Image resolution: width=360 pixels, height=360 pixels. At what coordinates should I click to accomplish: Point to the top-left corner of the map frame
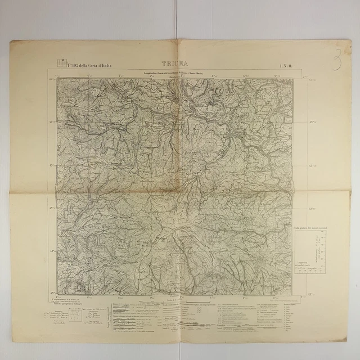57,78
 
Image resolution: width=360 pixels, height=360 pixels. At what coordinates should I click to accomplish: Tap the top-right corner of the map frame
293,78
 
